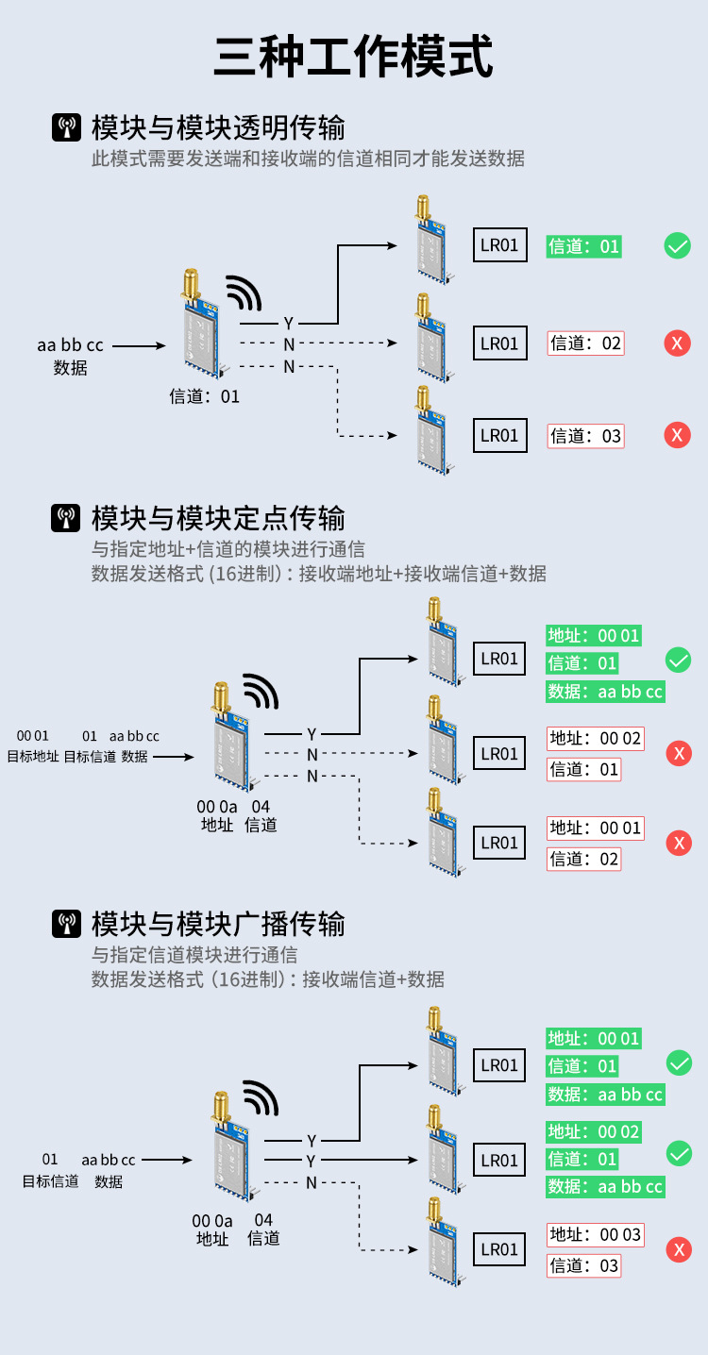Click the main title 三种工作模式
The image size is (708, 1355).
click(354, 57)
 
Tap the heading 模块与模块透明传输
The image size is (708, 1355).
click(218, 127)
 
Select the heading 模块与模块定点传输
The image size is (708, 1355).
click(218, 517)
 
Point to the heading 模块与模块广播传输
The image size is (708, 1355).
click(218, 923)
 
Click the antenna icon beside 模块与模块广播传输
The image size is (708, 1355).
click(66, 924)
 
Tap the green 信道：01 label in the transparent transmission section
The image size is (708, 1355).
click(584, 247)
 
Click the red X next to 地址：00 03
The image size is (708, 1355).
click(679, 1250)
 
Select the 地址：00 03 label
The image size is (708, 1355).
click(595, 1234)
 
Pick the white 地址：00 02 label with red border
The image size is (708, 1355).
click(596, 738)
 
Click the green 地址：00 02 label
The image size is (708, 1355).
click(594, 1131)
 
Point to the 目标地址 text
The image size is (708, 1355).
click(33, 756)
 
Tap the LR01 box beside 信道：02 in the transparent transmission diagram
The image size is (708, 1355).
click(499, 343)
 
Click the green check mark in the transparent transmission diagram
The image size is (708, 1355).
click(678, 246)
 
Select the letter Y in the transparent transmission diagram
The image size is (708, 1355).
click(289, 324)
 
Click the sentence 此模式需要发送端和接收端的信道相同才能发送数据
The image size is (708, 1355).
click(308, 159)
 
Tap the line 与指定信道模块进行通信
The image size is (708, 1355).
click(194, 954)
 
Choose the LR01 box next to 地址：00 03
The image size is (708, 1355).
click(499, 1249)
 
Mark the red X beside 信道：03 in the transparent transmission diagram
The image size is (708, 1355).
click(677, 435)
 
